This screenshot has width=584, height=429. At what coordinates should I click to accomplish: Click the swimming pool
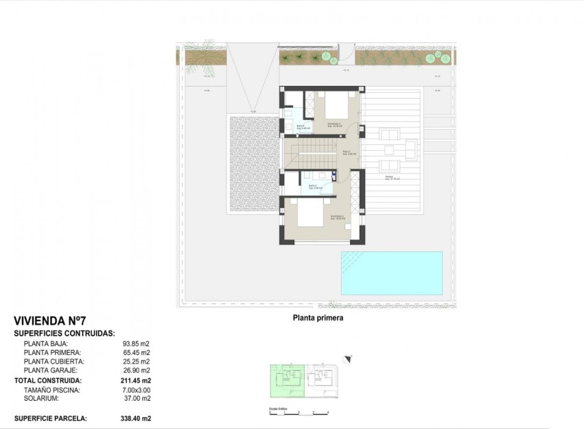click(391, 273)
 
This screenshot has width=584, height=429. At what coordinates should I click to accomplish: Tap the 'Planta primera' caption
click(318, 318)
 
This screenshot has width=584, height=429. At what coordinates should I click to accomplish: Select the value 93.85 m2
click(136, 344)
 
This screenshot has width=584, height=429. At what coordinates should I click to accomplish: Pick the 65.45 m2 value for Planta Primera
click(136, 353)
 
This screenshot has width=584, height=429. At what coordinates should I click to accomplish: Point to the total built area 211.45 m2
click(136, 380)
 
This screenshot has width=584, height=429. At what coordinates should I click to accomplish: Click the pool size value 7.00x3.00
click(136, 390)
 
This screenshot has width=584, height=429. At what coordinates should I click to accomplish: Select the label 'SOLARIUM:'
click(41, 398)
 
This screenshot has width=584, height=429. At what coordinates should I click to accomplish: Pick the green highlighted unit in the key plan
click(286, 380)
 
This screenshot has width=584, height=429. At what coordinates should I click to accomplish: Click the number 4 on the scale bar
click(328, 412)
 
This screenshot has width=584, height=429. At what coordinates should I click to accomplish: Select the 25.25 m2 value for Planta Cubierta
click(136, 362)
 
